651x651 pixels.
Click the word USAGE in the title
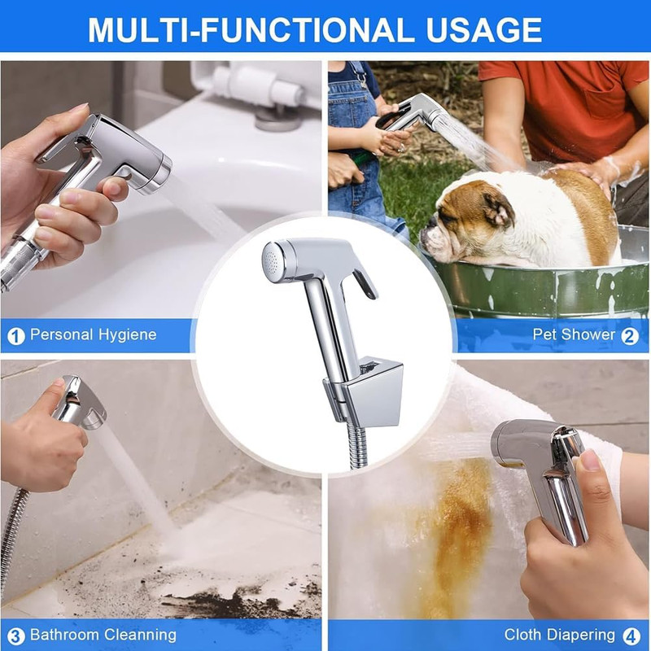483,30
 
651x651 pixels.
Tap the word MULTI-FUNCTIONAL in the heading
251,30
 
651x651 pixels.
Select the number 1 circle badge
16,336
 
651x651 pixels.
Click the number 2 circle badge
630,336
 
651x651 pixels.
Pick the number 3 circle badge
16,636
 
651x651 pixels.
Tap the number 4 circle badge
632,636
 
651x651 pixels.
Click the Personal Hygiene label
94,334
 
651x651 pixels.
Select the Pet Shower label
575,334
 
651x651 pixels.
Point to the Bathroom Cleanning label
103,635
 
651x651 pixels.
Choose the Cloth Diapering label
560,635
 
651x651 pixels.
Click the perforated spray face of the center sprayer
272,262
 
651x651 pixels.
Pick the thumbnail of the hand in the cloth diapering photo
591,460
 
